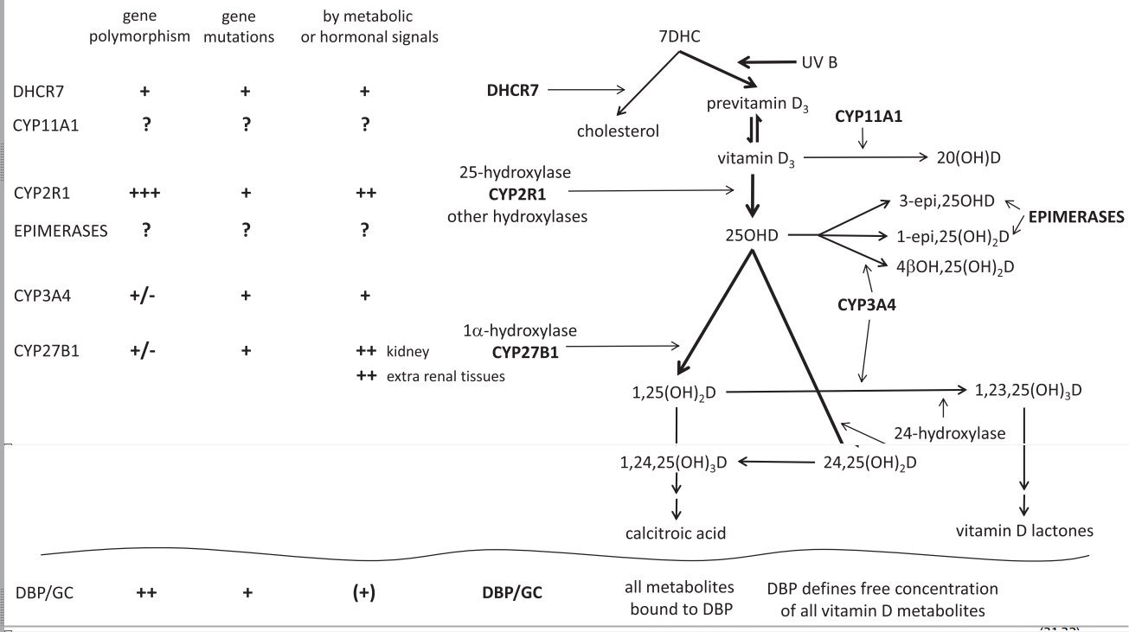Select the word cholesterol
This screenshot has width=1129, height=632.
coord(619,131)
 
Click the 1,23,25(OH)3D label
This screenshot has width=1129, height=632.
coord(1028,390)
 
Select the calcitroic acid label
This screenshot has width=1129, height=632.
coord(677,533)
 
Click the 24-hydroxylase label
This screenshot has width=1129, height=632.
coord(948,433)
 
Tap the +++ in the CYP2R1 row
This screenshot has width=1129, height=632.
coord(144,194)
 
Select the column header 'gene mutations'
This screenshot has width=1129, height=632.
coord(246,28)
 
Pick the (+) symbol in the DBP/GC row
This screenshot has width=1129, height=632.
coord(364,593)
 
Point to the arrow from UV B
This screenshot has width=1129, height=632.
coord(765,62)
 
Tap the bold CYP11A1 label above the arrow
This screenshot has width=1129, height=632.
coord(869,116)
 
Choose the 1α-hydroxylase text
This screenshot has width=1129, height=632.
coord(520,330)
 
